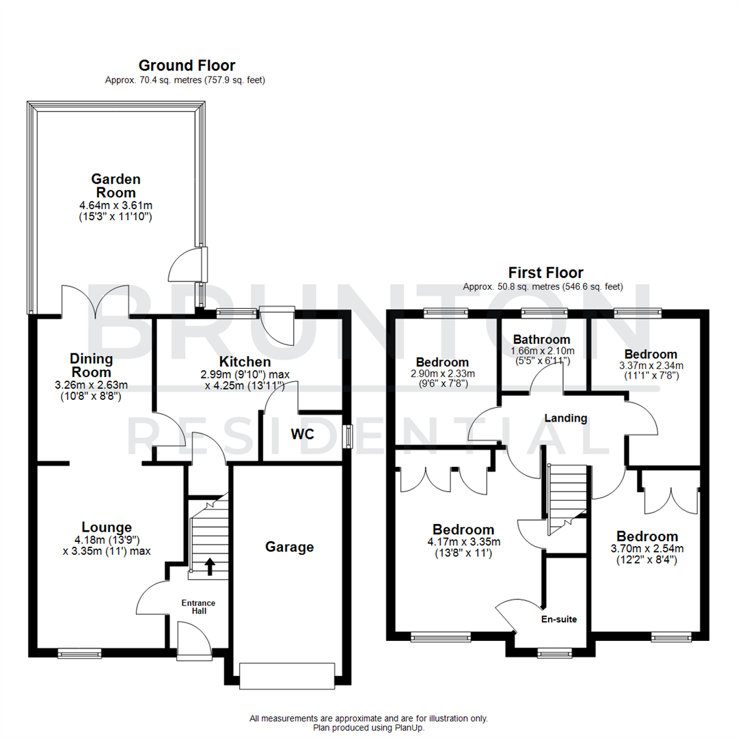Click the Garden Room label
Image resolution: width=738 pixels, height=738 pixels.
(116, 185)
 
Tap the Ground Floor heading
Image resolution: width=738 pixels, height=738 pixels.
(187, 66)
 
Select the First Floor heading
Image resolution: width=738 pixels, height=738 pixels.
(545, 273)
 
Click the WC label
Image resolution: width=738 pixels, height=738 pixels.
(302, 434)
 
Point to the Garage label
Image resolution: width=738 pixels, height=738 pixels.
(290, 547)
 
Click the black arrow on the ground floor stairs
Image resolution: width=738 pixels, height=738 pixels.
(210, 564)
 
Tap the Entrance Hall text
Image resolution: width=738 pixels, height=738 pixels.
(198, 607)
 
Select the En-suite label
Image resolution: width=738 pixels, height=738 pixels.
(560, 619)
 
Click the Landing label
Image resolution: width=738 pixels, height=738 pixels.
(565, 418)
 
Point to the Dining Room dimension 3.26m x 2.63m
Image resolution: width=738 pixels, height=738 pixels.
(92, 385)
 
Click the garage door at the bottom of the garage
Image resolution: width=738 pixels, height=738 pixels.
(288, 675)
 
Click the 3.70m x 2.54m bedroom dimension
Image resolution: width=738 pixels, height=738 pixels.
(646, 548)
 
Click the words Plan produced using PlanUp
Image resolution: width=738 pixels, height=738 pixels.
(369, 728)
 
